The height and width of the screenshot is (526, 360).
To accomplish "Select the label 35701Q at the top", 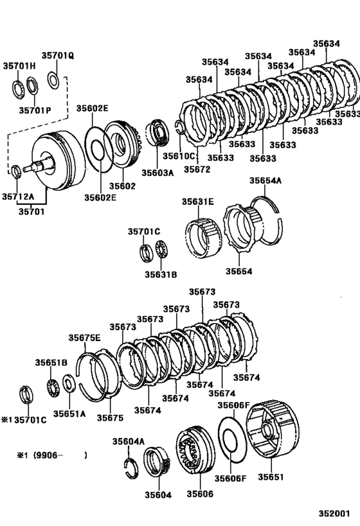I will click(x=59, y=56).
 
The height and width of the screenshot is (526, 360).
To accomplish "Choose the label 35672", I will click(x=197, y=169).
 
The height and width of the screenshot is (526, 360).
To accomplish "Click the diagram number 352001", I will click(x=335, y=514).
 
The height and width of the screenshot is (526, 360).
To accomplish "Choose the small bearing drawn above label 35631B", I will click(x=161, y=250).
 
